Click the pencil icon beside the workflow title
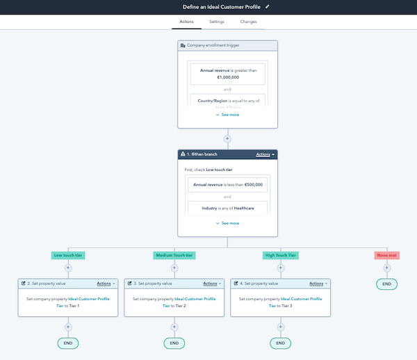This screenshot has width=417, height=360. (x=268, y=7)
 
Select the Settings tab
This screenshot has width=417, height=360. (x=217, y=22)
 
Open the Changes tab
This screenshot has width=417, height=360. (x=248, y=22)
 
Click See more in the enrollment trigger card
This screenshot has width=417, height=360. (x=227, y=115)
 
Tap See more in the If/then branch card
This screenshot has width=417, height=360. (x=227, y=223)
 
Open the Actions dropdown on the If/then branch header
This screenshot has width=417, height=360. (x=265, y=154)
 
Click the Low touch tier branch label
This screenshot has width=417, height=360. (x=68, y=255)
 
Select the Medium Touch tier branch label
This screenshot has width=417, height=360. (x=174, y=255)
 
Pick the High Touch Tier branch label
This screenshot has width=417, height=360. (x=280, y=255)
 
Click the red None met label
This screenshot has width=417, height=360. (x=386, y=255)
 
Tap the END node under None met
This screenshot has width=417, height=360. (x=386, y=284)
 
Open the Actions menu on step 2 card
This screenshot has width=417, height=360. (x=106, y=284)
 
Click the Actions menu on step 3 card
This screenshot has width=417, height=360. (x=212, y=284)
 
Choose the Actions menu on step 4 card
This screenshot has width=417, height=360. (x=318, y=284)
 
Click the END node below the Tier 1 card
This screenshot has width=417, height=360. (x=68, y=343)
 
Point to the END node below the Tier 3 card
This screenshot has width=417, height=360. (x=280, y=343)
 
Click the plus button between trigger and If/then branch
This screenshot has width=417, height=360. (x=227, y=138)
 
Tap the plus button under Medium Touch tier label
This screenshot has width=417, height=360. (x=174, y=268)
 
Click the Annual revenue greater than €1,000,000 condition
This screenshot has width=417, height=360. (x=227, y=74)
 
